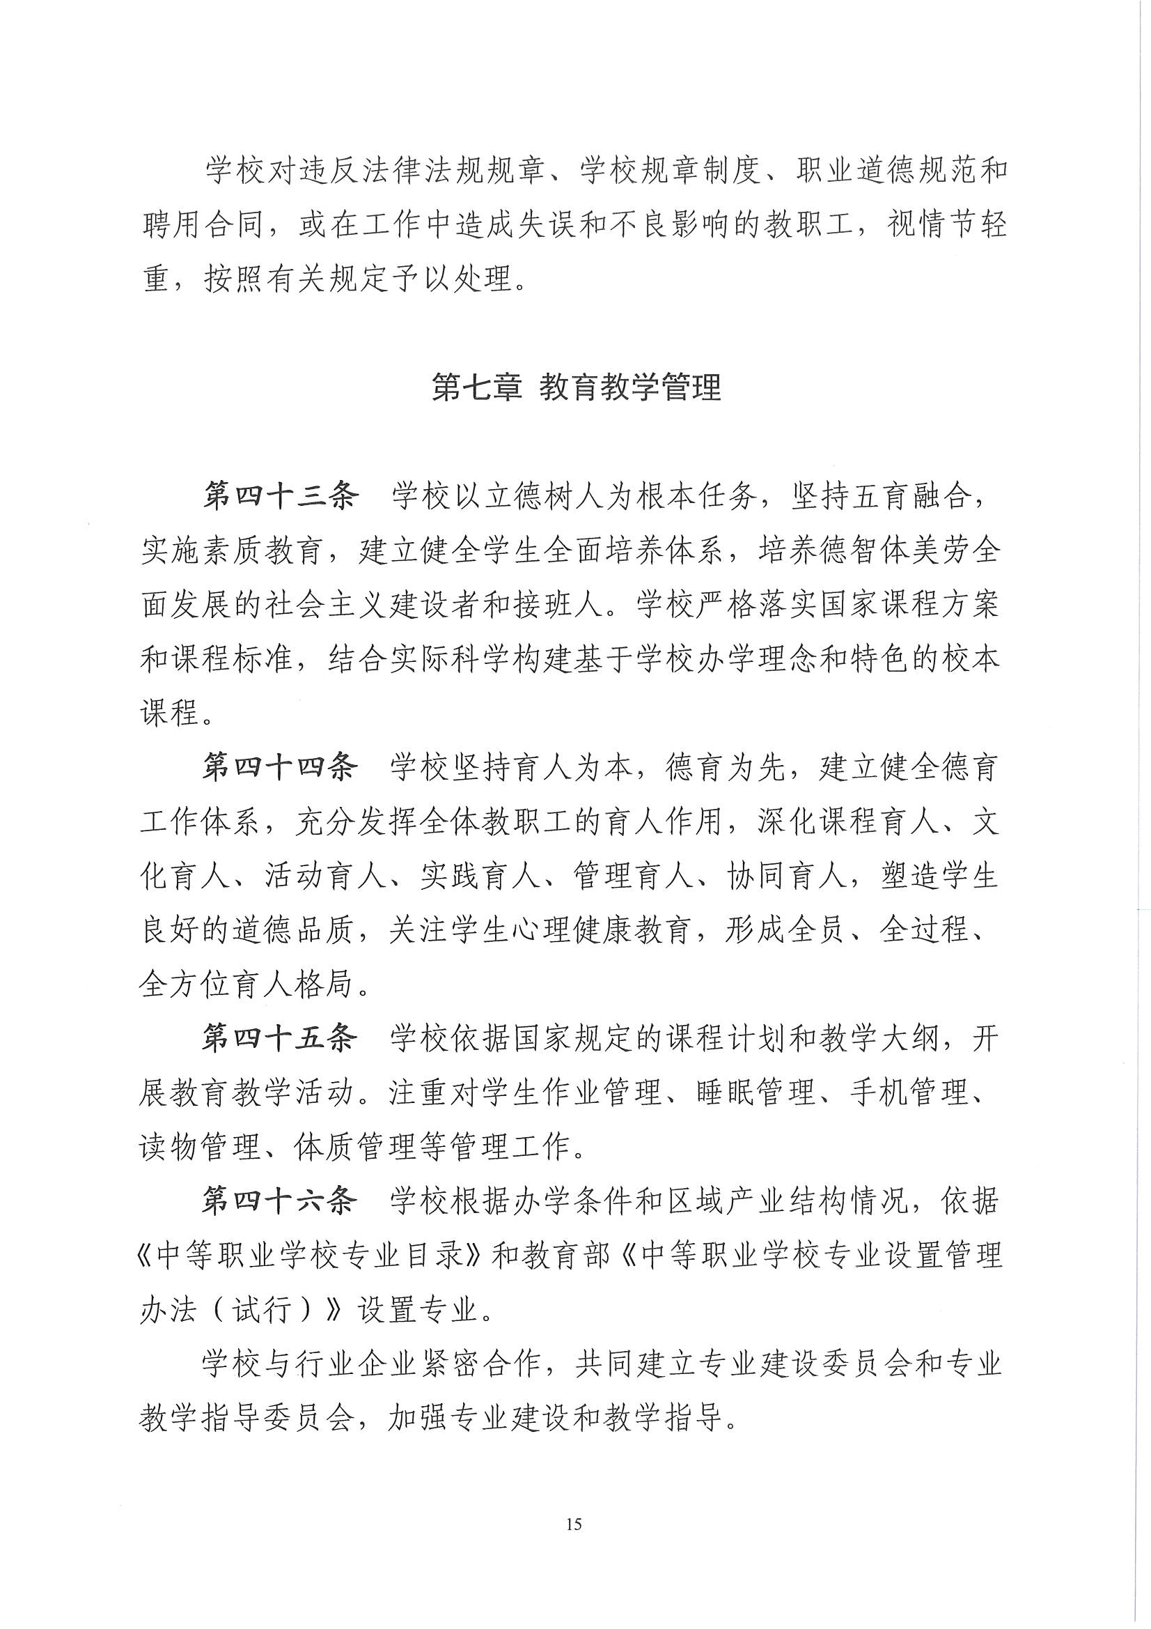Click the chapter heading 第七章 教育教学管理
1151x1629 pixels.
(x=576, y=387)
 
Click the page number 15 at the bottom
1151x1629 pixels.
(x=574, y=1523)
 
